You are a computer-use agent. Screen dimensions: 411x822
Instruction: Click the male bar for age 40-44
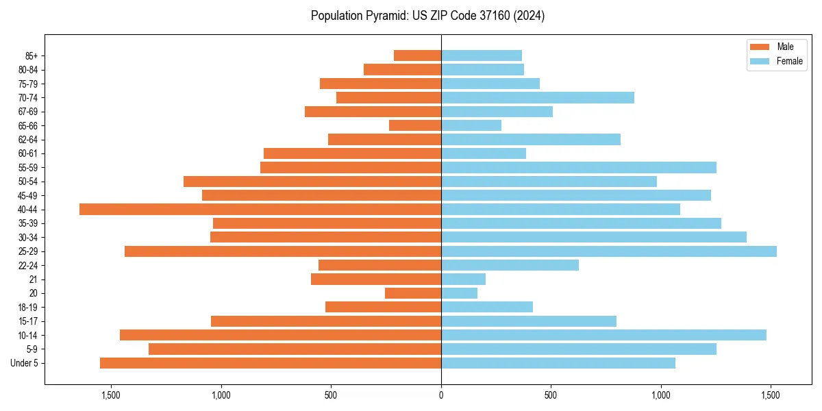tap(260, 209)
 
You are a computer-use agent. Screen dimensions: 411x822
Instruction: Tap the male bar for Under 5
tap(271, 363)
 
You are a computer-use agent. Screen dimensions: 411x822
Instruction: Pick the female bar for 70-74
tap(538, 97)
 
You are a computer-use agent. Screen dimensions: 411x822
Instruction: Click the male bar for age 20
tap(413, 293)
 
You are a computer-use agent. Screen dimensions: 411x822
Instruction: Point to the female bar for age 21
tap(463, 279)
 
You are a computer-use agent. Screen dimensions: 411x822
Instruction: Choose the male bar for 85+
tap(417, 55)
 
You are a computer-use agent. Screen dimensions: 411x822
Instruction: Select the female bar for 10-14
tap(603, 335)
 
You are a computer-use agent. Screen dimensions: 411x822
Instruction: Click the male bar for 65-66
tap(415, 125)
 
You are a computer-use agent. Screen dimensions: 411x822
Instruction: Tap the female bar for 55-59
tap(579, 167)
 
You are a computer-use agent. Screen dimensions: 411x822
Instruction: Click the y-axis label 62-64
tap(28, 140)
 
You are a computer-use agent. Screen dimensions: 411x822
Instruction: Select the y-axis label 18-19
tap(28, 308)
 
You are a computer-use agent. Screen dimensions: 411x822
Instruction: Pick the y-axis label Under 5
tap(25, 363)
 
